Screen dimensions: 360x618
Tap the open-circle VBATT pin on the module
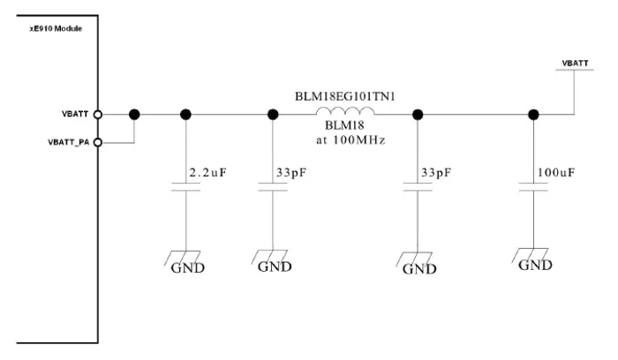tap(99, 114)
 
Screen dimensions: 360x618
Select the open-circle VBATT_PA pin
tap(99, 141)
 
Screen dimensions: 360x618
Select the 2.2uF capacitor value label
tap(209, 172)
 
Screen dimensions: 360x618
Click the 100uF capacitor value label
tap(555, 172)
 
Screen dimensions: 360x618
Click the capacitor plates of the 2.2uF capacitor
tap(185, 187)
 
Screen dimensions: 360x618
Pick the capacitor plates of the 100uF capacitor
tap(533, 187)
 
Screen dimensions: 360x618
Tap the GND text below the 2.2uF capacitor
tap(187, 267)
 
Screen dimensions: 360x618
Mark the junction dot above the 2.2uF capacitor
tap(185, 114)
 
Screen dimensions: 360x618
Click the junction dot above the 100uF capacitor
tap(533, 114)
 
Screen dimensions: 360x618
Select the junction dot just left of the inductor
tap(273, 114)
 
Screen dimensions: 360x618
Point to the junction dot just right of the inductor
tap(418, 114)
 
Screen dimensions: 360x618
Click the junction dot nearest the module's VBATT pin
tap(134, 114)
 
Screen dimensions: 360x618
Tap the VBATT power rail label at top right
tap(575, 64)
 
